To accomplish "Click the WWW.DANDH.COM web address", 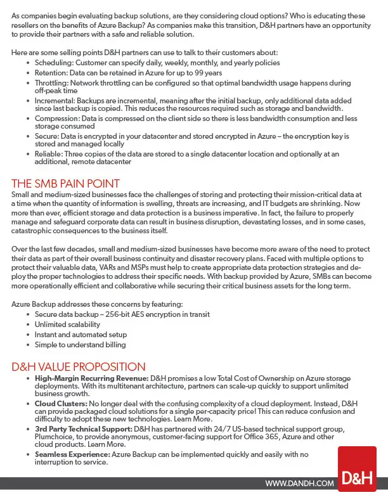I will (299, 484).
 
